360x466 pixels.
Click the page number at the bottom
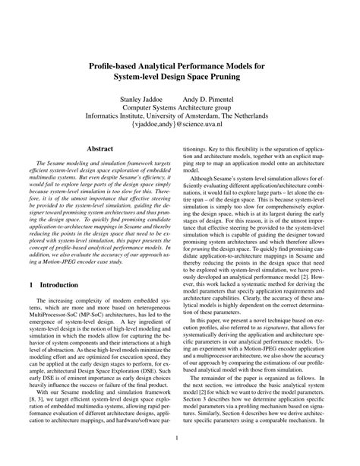coord(180,437)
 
